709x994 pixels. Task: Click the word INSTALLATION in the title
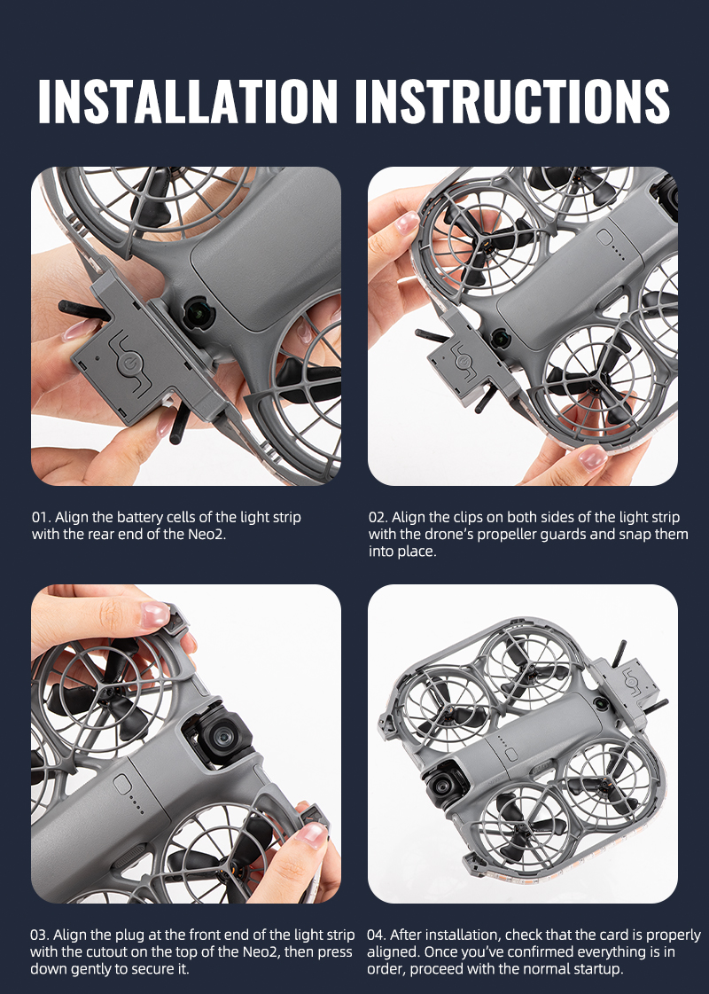(x=188, y=101)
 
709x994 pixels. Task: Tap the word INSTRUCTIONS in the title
(x=512, y=101)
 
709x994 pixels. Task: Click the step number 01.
(x=41, y=517)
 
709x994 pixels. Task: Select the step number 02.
(x=378, y=517)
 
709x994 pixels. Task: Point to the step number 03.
(x=40, y=935)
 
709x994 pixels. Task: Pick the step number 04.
(x=377, y=935)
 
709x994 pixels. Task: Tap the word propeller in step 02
(x=506, y=535)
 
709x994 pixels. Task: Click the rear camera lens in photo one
(x=199, y=312)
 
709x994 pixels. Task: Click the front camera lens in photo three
(x=222, y=737)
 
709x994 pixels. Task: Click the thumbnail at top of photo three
(x=154, y=614)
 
